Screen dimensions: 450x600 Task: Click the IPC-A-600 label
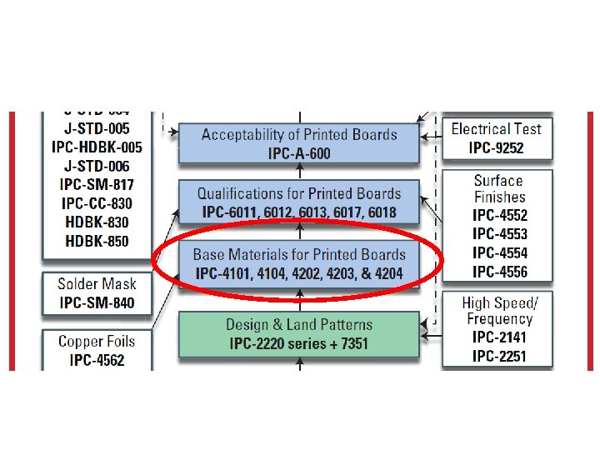[298, 152]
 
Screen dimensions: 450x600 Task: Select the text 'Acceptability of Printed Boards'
[299, 134]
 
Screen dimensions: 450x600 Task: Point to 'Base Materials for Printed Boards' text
[299, 254]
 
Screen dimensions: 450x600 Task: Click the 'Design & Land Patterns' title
[299, 325]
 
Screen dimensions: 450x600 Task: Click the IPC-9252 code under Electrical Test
[497, 148]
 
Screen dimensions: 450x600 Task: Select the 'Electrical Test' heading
[497, 129]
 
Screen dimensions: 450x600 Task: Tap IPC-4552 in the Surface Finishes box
[500, 215]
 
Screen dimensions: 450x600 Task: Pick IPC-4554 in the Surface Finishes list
[500, 252]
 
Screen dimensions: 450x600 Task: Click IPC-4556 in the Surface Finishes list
[500, 271]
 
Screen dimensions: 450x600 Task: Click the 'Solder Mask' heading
[96, 284]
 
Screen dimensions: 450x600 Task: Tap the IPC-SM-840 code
[96, 302]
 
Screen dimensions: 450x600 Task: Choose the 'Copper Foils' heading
[96, 342]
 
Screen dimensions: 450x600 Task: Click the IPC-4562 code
[96, 360]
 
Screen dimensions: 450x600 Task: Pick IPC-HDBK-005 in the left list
[97, 147]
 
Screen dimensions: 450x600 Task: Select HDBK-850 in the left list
[97, 241]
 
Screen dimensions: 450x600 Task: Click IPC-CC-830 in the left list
[97, 203]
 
